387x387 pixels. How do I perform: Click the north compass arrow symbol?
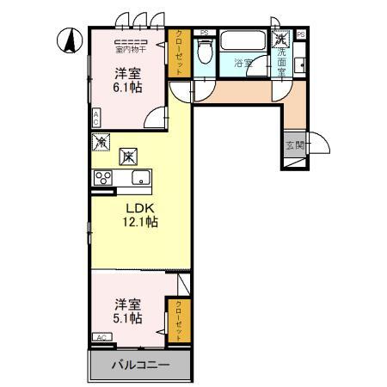(69, 39)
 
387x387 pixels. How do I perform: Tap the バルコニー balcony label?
(140, 365)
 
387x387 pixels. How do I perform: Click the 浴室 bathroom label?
(243, 63)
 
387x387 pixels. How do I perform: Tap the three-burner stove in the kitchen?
(104, 178)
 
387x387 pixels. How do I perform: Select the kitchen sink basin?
(141, 178)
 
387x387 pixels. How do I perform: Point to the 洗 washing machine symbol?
(281, 39)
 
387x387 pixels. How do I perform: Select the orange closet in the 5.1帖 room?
(179, 319)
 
